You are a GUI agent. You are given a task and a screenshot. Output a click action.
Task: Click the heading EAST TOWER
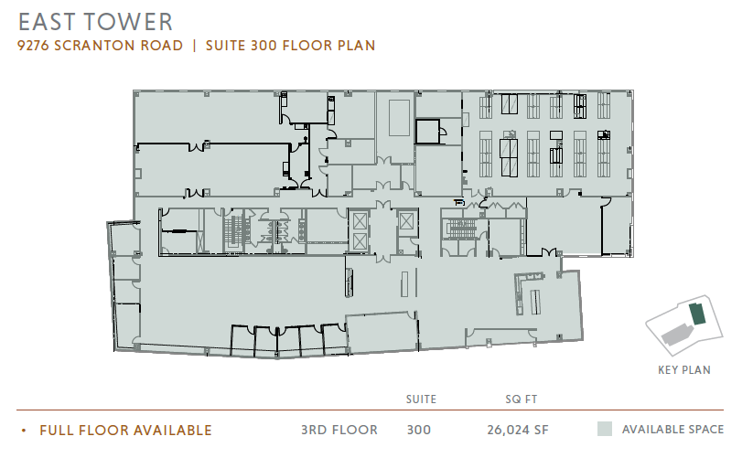point(95,22)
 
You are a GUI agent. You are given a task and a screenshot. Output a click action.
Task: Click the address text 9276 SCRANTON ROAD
point(100,46)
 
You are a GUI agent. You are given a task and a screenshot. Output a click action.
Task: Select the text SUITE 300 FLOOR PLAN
point(291,46)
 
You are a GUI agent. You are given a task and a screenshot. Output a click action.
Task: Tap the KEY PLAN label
point(684,369)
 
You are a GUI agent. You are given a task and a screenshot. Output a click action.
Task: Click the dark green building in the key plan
point(697,314)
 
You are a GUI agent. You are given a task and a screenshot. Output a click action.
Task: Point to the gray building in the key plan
point(677,334)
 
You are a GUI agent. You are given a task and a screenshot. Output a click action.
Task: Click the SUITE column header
point(421,399)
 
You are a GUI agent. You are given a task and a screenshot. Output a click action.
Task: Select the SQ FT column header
point(521,399)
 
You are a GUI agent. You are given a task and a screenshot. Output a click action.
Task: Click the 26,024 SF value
point(518,430)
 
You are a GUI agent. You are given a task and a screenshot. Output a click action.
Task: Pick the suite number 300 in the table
point(419,430)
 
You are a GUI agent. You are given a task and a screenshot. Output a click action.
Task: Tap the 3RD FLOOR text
point(339,430)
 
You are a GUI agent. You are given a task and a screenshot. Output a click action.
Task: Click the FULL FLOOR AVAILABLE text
point(126,431)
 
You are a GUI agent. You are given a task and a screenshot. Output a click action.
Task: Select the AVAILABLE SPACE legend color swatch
point(605,429)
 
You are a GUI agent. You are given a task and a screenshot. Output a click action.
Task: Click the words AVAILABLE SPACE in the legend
point(672,430)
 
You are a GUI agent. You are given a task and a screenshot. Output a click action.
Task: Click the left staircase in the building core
point(236,230)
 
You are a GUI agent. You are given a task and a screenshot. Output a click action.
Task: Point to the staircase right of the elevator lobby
point(461,229)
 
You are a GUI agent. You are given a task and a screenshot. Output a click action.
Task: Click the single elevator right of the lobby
point(406,221)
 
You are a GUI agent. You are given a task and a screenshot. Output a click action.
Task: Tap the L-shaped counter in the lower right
point(519,293)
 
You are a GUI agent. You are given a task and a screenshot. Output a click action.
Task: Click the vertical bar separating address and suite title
point(195,46)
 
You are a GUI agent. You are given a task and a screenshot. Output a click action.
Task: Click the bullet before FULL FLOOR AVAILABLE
point(24,431)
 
